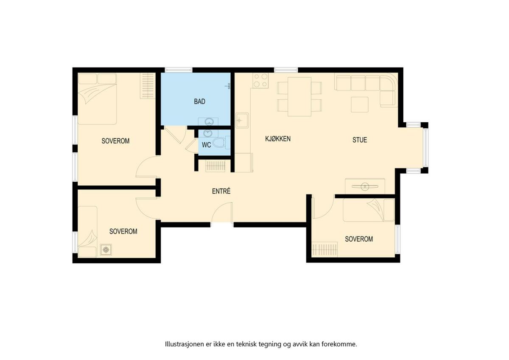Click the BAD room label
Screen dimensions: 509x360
pyautogui.click(x=199, y=101)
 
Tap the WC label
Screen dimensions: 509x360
pyautogui.click(x=206, y=145)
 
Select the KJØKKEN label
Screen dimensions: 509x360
pyautogui.click(x=278, y=139)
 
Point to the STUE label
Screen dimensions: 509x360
pyautogui.click(x=360, y=140)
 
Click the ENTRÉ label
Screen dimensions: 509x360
pyautogui.click(x=221, y=191)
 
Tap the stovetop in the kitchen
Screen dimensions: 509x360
pyautogui.click(x=260, y=80)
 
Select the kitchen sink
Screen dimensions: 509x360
pyautogui.click(x=242, y=120)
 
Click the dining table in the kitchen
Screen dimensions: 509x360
pyautogui.click(x=299, y=97)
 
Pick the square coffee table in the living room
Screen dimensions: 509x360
pyautogui.click(x=360, y=104)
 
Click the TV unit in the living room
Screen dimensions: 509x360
pyautogui.click(x=365, y=186)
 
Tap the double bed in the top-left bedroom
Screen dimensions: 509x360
pyautogui.click(x=97, y=99)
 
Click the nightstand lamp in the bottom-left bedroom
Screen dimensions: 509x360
pyautogui.click(x=106, y=250)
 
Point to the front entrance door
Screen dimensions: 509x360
pyautogui.click(x=222, y=213)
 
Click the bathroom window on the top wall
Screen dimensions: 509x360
pyautogui.click(x=179, y=70)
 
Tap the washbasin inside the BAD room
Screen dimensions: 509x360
pyautogui.click(x=208, y=122)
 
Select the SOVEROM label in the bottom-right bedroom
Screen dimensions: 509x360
pyautogui.click(x=359, y=239)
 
